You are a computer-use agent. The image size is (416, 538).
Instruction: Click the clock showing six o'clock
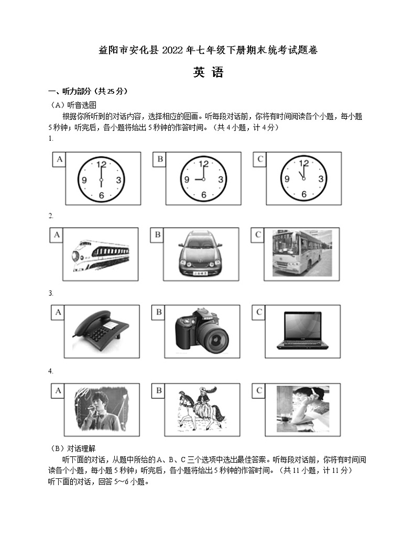pos(101,179)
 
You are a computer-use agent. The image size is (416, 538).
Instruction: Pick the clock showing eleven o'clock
pos(303,179)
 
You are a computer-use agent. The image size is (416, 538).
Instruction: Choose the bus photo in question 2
pos(301,254)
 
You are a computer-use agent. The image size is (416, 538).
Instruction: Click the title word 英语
pos(208,73)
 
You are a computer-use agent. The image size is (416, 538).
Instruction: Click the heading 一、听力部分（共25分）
pos(87,91)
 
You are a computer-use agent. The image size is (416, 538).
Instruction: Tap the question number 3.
pos(50,293)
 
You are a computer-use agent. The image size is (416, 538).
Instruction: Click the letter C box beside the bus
pos(258,235)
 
